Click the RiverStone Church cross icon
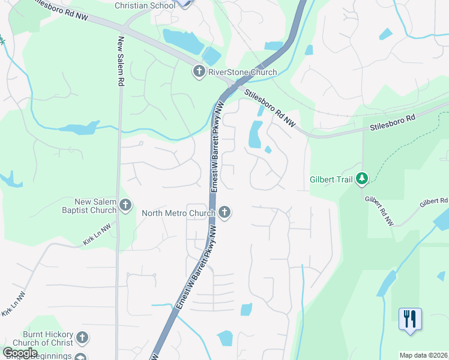[x=199, y=73]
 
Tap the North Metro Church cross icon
[x=224, y=212]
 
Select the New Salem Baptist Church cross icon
[x=125, y=206]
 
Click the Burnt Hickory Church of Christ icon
[x=82, y=338]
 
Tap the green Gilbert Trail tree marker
[x=362, y=179]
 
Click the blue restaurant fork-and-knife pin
[x=410, y=319]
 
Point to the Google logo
[x=20, y=353]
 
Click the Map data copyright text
[x=424, y=355]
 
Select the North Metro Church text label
[x=178, y=212]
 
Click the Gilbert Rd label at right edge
[x=433, y=202]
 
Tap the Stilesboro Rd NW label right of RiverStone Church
[x=271, y=108]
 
